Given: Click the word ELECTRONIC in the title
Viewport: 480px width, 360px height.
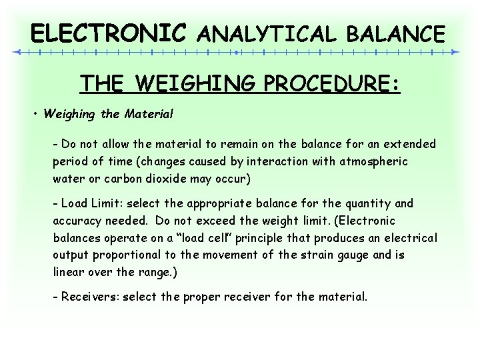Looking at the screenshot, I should coord(109,32).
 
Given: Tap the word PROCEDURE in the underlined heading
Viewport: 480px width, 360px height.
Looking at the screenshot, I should coord(331,85).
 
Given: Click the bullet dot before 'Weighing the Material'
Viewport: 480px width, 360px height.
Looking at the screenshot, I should coord(35,114).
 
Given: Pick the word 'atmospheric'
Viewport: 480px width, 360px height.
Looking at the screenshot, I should coord(375,161).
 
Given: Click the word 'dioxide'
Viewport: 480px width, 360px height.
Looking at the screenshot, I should coord(155,179).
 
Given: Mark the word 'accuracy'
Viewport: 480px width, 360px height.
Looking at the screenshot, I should coord(77,221).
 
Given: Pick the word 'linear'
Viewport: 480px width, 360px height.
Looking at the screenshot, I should coord(68,272).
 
